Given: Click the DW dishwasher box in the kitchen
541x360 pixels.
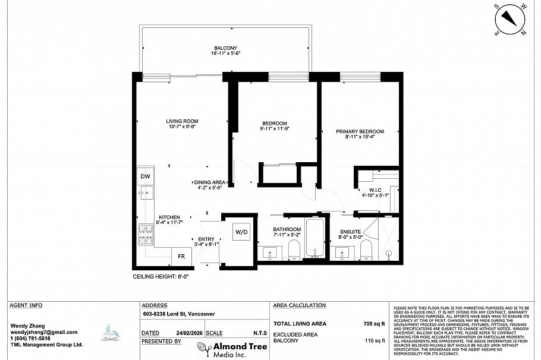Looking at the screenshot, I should pyautogui.click(x=145, y=176).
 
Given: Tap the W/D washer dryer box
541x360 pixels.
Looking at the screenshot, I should pyautogui.click(x=241, y=231).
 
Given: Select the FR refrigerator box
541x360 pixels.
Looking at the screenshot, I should pyautogui.click(x=181, y=257).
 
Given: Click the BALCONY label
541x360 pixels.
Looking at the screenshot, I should pyautogui.click(x=225, y=48).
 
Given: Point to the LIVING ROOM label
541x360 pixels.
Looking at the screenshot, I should pyautogui.click(x=181, y=122).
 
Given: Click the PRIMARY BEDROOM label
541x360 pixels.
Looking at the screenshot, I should pyautogui.click(x=360, y=131).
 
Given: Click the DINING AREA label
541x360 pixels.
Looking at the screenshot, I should pyautogui.click(x=209, y=182).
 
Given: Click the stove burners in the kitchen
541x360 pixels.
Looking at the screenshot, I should pyautogui.click(x=146, y=235).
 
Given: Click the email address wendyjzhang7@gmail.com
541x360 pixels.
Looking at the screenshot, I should pyautogui.click(x=43, y=332).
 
